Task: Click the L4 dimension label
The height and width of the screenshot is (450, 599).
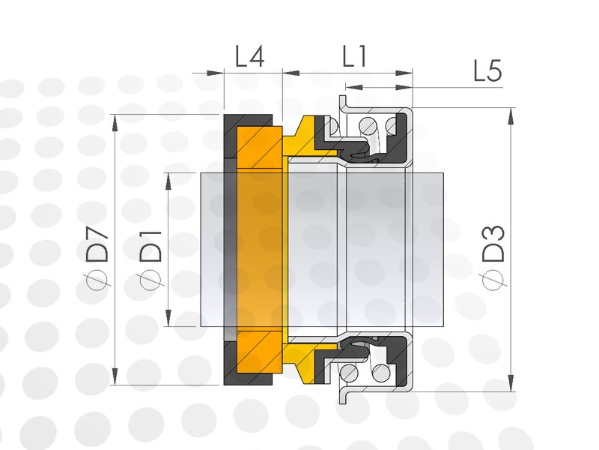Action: pyautogui.click(x=249, y=57)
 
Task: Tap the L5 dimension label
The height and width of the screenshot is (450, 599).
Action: pyautogui.click(x=487, y=70)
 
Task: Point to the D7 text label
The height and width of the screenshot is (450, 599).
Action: pyautogui.click(x=98, y=244)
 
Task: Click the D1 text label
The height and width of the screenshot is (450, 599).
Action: pyautogui.click(x=150, y=247)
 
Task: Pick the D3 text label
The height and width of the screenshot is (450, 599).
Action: pyautogui.click(x=493, y=244)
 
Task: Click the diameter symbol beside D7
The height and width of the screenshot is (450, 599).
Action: pyautogui.click(x=98, y=279)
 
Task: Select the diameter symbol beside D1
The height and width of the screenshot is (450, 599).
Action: pyautogui.click(x=150, y=280)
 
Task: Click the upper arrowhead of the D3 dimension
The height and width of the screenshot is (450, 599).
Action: pyautogui.click(x=511, y=116)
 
